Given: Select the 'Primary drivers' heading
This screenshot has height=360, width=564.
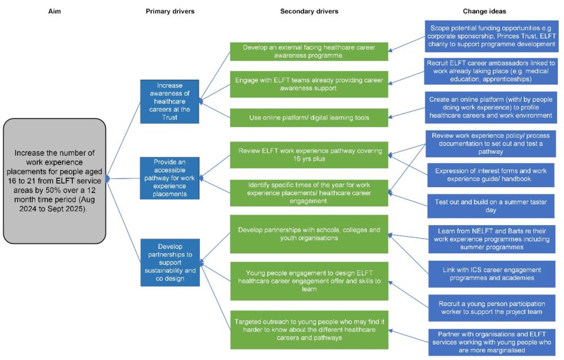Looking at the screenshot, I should pyautogui.click(x=170, y=11).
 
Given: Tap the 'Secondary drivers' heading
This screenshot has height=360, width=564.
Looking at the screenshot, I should pyautogui.click(x=309, y=11).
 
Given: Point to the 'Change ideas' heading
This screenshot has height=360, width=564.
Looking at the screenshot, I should pyautogui.click(x=484, y=11).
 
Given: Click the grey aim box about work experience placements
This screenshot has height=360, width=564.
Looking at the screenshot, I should pyautogui.click(x=55, y=181).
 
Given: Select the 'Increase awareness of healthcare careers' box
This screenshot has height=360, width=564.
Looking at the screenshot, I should pyautogui.click(x=170, y=101).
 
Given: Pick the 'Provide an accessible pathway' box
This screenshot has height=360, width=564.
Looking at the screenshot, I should pyautogui.click(x=170, y=178).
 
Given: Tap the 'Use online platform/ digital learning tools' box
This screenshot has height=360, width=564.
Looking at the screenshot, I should pyautogui.click(x=309, y=117).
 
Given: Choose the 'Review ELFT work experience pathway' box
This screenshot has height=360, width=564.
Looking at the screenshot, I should pyautogui.click(x=309, y=155).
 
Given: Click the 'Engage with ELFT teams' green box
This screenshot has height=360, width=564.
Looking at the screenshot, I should pyautogui.click(x=309, y=84).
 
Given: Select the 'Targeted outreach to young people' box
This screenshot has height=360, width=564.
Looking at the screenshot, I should pyautogui.click(x=309, y=329).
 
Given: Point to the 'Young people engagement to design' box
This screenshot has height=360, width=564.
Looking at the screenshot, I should pyautogui.click(x=309, y=280).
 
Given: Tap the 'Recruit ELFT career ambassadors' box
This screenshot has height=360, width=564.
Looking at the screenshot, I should pyautogui.click(x=491, y=70).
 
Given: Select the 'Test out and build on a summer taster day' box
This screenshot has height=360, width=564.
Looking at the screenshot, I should pyautogui.click(x=491, y=206).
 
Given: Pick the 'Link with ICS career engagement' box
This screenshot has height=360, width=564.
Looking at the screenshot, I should pyautogui.click(x=491, y=274).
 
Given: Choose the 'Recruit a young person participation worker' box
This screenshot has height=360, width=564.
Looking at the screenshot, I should pyautogui.click(x=491, y=308).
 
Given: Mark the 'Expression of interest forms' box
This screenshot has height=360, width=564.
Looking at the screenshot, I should pyautogui.click(x=491, y=175).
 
